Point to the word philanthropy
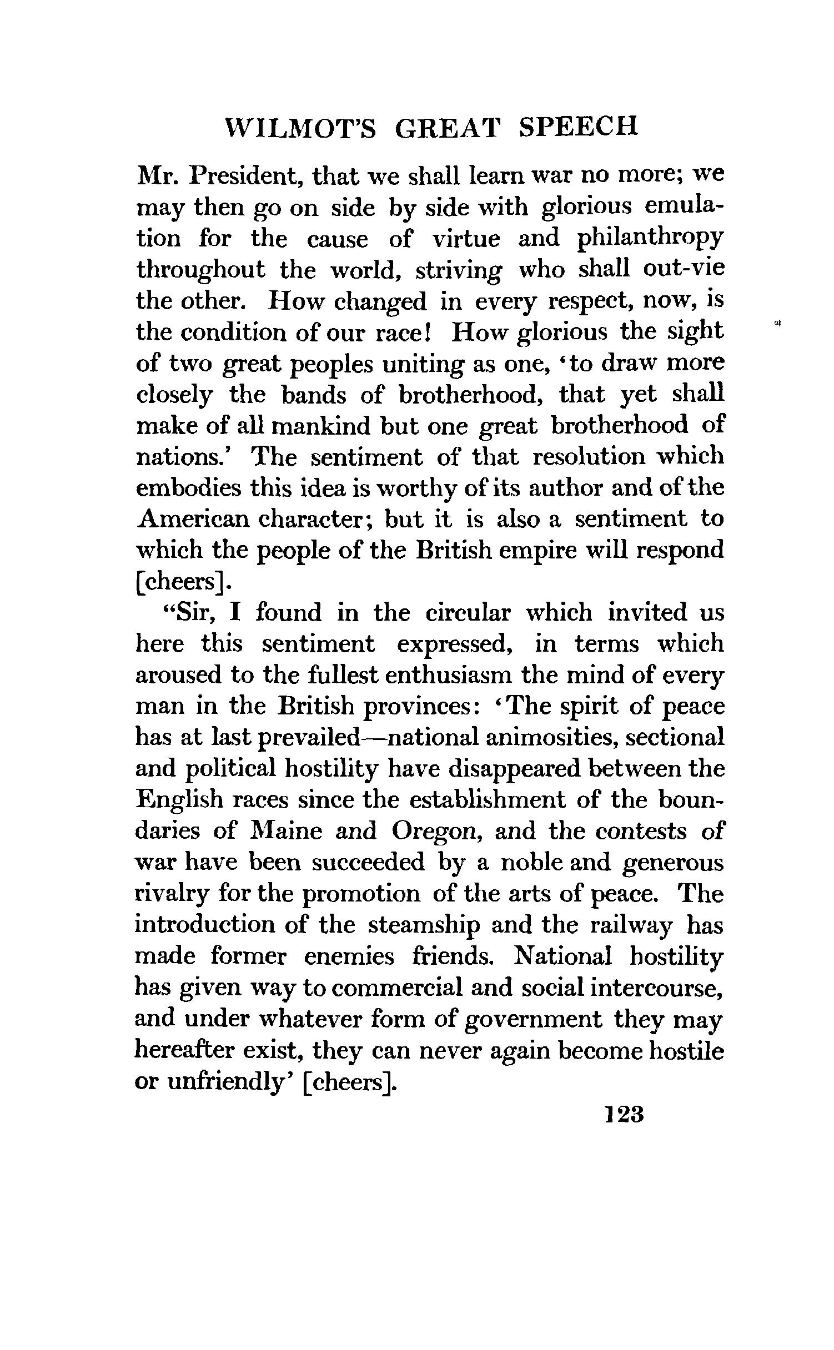point(650,239)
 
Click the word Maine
point(287,832)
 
